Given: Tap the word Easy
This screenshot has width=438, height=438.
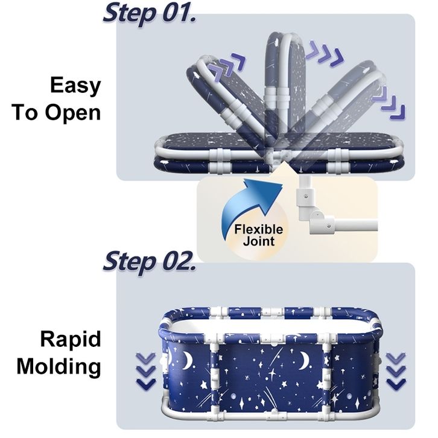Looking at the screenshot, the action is coord(75,86).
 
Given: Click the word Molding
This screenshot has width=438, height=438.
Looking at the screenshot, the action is coord(59,366).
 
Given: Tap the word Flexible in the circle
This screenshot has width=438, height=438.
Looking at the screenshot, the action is coord(258,229).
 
